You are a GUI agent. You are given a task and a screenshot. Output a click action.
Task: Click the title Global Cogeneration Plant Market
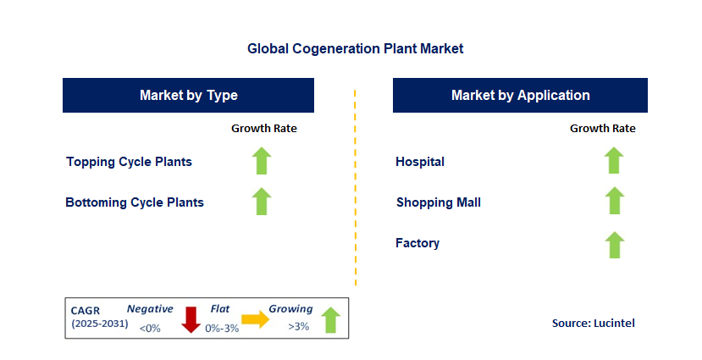click(355, 49)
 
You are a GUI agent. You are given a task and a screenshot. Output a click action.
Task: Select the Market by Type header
click(188, 95)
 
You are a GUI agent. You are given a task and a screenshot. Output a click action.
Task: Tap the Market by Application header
click(520, 95)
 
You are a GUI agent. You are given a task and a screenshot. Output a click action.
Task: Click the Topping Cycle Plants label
click(129, 162)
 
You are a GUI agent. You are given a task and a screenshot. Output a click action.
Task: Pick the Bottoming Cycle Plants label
click(135, 202)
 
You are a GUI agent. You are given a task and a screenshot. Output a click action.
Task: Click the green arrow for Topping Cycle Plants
click(262, 161)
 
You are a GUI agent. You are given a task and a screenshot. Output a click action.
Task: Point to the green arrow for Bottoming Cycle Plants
click(262, 202)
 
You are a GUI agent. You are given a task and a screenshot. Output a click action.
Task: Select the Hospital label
click(420, 162)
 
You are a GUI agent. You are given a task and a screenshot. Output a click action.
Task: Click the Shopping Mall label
click(438, 202)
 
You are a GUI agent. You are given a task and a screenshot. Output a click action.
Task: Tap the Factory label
click(417, 243)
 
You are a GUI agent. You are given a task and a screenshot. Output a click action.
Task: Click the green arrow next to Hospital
click(614, 160)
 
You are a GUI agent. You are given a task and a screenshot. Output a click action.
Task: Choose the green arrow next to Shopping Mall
click(614, 201)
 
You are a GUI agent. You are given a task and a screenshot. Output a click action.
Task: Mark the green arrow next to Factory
click(614, 244)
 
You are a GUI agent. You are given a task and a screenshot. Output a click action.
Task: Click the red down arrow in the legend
click(190, 319)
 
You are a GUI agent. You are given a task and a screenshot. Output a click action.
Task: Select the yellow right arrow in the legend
click(253, 319)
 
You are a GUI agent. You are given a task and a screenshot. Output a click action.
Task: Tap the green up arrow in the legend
click(330, 319)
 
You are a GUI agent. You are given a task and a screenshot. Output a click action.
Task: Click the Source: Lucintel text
click(593, 323)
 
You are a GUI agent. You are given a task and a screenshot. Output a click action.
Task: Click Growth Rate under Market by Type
click(263, 129)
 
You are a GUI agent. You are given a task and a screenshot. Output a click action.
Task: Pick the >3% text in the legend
click(298, 327)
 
